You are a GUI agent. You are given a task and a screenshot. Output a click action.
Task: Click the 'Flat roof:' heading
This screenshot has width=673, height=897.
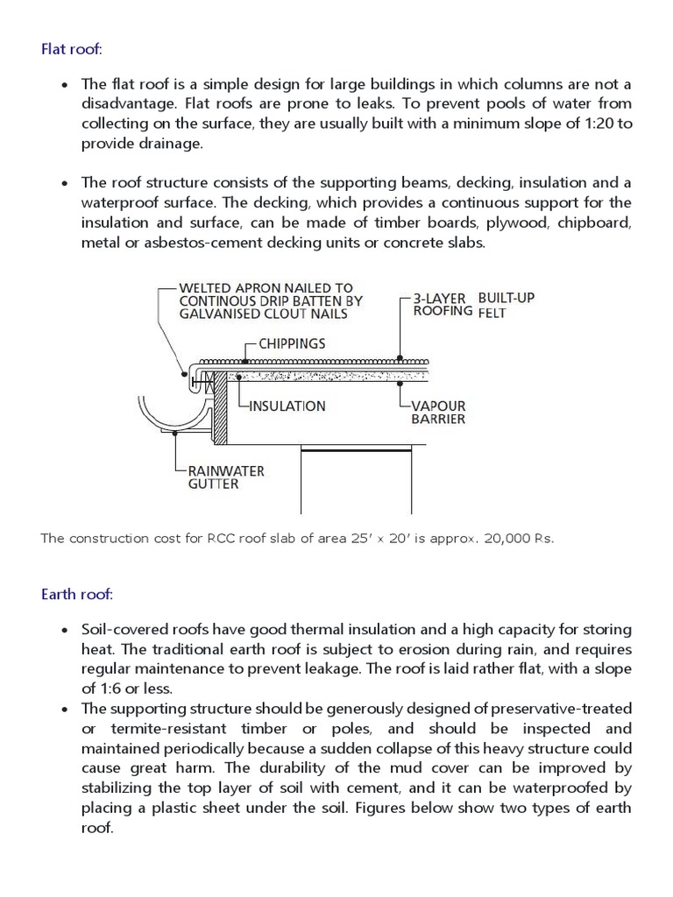pos(72,49)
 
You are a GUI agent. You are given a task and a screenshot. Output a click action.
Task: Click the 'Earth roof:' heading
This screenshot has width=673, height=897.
pos(77,595)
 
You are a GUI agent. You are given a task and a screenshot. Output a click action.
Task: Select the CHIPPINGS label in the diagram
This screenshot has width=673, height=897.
pos(291,343)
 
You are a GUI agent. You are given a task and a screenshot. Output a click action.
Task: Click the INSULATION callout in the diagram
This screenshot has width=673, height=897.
pos(287,406)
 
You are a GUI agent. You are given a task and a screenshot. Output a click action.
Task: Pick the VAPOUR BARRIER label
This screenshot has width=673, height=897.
pos(438,413)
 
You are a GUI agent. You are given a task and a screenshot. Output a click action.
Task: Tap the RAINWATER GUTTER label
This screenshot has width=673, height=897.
pos(225,477)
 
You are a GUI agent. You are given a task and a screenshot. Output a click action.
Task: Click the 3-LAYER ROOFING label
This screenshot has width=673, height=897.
pos(443,304)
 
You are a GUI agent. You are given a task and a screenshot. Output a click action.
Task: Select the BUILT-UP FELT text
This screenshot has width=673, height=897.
pos(506,305)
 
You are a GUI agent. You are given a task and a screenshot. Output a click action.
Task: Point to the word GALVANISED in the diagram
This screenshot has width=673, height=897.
pos(218,314)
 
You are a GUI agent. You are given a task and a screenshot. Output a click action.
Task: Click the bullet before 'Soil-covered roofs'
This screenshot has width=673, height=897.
pos(66,631)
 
